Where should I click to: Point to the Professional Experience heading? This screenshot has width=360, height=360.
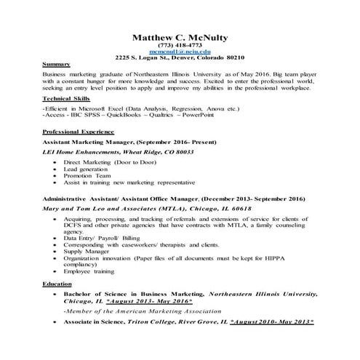(78, 131)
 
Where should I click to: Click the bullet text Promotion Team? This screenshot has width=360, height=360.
(87, 175)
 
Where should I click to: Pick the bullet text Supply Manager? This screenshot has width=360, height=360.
(86, 251)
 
